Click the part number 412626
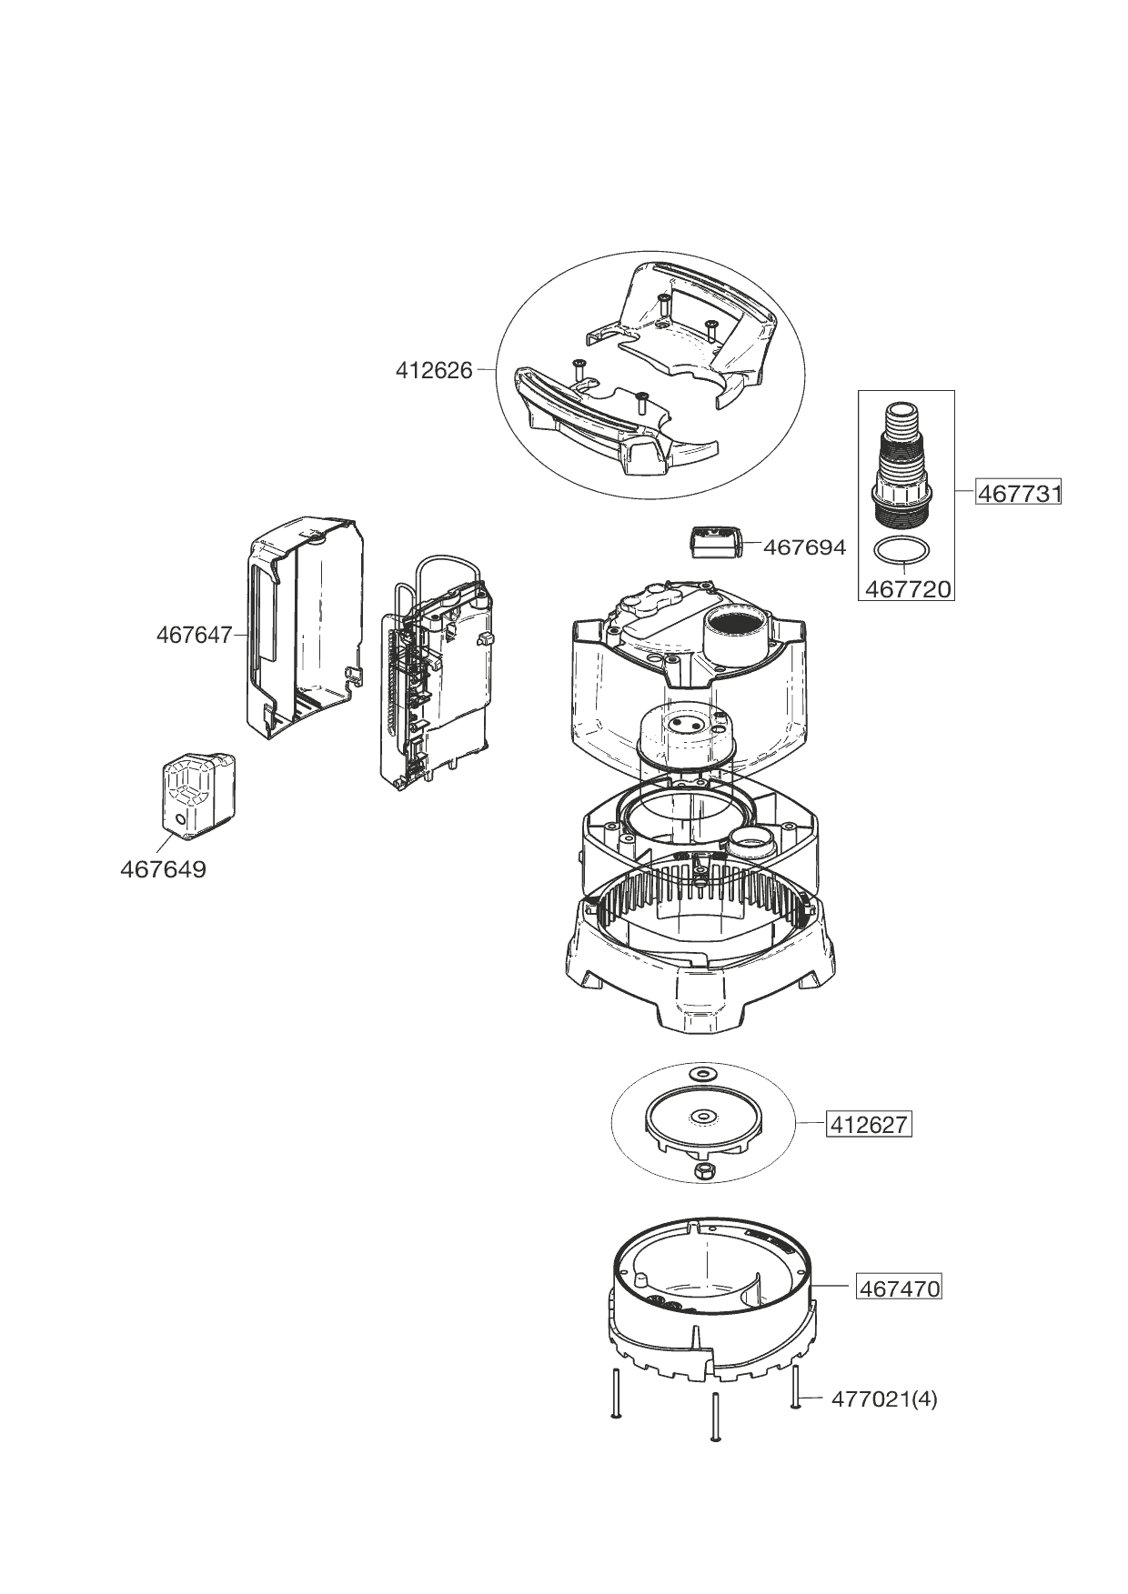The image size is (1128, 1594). [x=434, y=370]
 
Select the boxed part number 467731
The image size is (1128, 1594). [x=1019, y=493]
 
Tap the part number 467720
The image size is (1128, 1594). [x=907, y=588]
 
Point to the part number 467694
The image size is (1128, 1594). [x=804, y=547]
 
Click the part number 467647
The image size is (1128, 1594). [x=195, y=635]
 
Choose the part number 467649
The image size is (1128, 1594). [x=163, y=869]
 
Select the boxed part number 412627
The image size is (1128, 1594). [x=868, y=1125]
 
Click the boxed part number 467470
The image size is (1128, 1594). [x=898, y=1288]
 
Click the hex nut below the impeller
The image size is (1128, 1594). [x=702, y=1171]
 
